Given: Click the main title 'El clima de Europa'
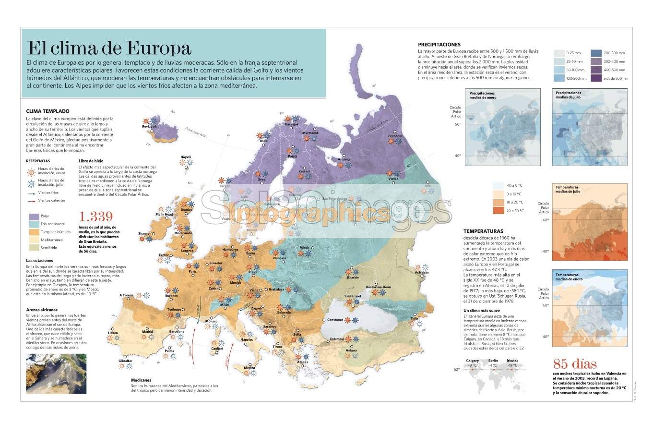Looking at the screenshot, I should (109, 48).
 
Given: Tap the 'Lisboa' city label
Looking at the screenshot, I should (113, 332).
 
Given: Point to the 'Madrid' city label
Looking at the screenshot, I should (147, 332).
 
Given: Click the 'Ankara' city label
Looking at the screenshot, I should (351, 350).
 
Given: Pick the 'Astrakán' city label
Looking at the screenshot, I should (421, 272).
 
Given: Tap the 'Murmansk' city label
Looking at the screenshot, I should (310, 133).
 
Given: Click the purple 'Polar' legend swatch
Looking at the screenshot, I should (33, 216).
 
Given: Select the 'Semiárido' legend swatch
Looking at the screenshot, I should (33, 248).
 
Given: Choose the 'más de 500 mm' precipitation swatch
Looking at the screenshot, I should (596, 78).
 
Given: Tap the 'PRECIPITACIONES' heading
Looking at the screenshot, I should (439, 45).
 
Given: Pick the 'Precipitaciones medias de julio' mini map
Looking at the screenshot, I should (589, 127).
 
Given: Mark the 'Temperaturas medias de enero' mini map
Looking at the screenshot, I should (589, 308).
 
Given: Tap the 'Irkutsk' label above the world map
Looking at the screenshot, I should (512, 360).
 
